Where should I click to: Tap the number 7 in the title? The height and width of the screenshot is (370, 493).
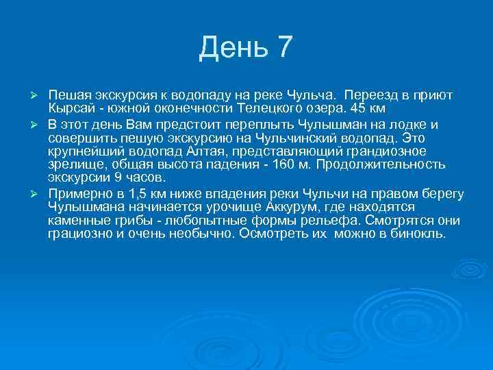coord(283,47)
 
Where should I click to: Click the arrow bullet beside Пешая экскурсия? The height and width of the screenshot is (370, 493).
coord(39,94)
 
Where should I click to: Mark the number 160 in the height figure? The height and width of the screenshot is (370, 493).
coord(285,164)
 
